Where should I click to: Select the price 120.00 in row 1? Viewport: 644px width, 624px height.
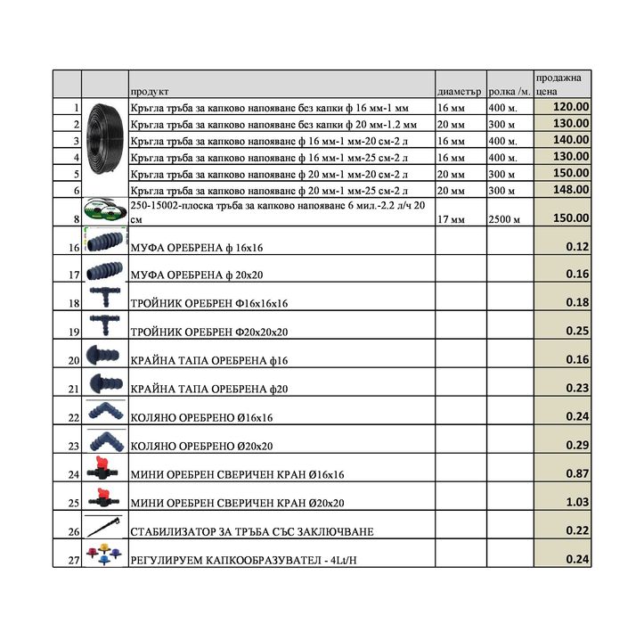point(571,107)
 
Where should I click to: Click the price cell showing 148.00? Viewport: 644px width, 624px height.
point(571,189)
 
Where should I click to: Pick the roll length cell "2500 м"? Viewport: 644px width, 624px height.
point(505,218)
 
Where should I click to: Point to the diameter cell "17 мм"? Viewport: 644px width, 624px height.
point(451,218)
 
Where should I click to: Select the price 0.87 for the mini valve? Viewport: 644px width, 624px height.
point(577,473)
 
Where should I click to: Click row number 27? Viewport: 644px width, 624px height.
point(74,560)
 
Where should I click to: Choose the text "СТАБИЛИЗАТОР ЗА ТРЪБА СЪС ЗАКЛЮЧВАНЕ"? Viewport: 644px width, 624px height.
point(251,531)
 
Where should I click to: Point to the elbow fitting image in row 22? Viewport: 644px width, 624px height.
point(105,412)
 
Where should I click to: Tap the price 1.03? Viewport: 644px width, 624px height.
point(577,502)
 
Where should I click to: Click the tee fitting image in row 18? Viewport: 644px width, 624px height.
point(105,298)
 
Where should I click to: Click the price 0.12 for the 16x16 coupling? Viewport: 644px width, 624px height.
point(577,245)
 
